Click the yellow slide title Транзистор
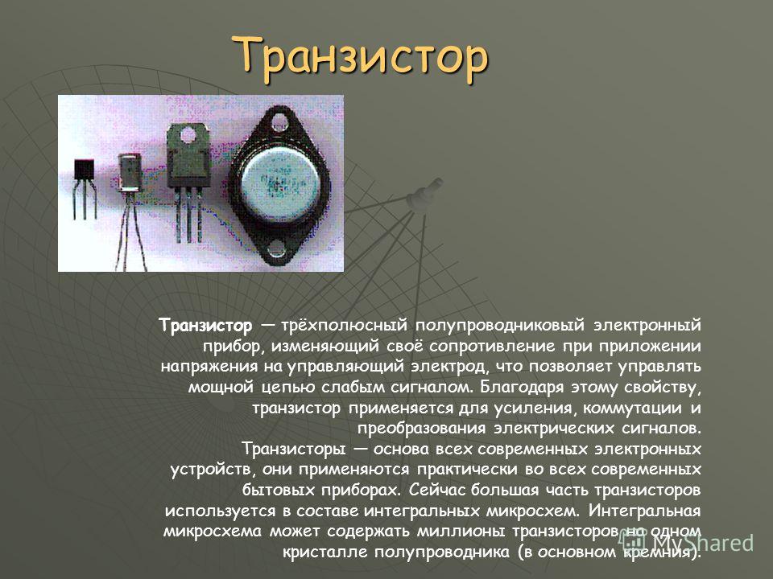tap(361, 58)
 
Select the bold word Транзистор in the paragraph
tap(205, 326)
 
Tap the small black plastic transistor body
tap(83, 170)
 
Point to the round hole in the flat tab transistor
tap(188, 135)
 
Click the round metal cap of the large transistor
tap(279, 179)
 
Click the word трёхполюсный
tap(345, 326)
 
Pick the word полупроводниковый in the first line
tap(500, 326)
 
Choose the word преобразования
tap(421, 429)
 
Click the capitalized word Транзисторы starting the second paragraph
tap(294, 449)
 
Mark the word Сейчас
tap(436, 491)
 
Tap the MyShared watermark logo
tap(687, 543)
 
